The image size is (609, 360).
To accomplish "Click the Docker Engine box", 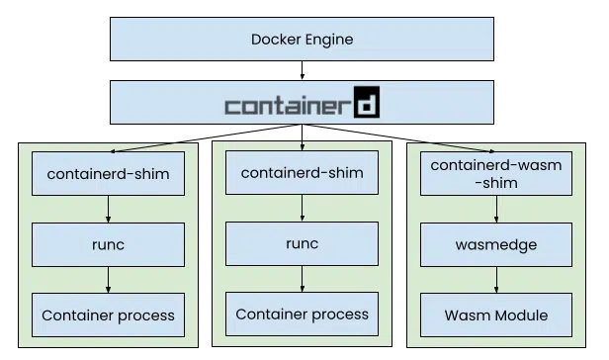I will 302,40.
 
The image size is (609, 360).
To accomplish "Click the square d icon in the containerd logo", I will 367,103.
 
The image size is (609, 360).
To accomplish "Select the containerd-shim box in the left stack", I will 108,175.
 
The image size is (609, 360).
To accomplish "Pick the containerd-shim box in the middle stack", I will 302,173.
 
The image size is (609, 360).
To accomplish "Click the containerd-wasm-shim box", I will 496,173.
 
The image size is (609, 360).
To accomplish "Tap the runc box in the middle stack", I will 302,243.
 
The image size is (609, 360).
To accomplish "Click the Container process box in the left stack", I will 108,315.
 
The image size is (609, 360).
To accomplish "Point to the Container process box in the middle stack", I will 302,314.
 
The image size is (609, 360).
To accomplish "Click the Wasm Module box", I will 496,315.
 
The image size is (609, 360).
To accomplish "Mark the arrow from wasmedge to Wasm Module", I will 496,281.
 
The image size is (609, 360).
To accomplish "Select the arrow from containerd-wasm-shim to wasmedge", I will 496,210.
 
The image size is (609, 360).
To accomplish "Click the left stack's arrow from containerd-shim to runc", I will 108,210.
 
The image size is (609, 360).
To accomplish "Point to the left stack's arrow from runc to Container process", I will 108,281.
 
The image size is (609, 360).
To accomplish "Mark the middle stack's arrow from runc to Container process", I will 302,279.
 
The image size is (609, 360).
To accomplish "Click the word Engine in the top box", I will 329,41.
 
